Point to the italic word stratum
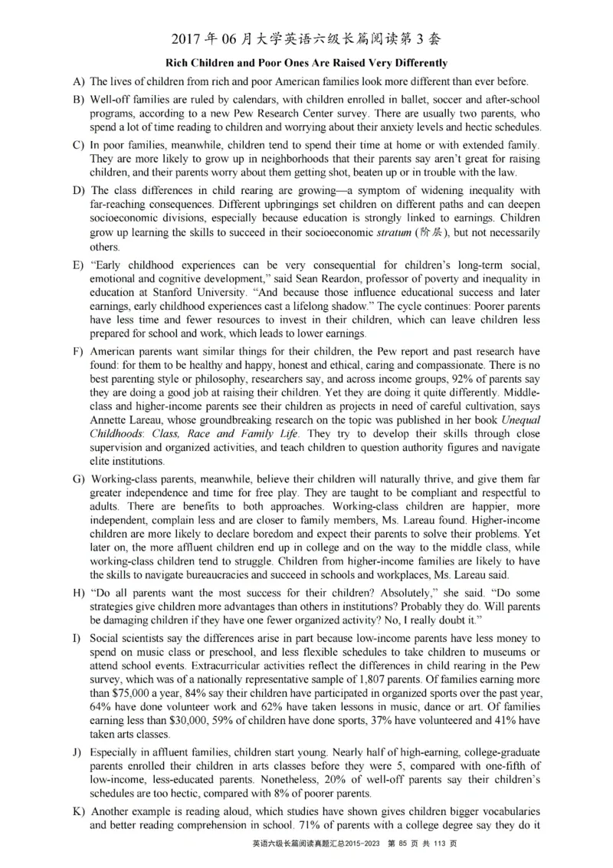coord(394,233)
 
